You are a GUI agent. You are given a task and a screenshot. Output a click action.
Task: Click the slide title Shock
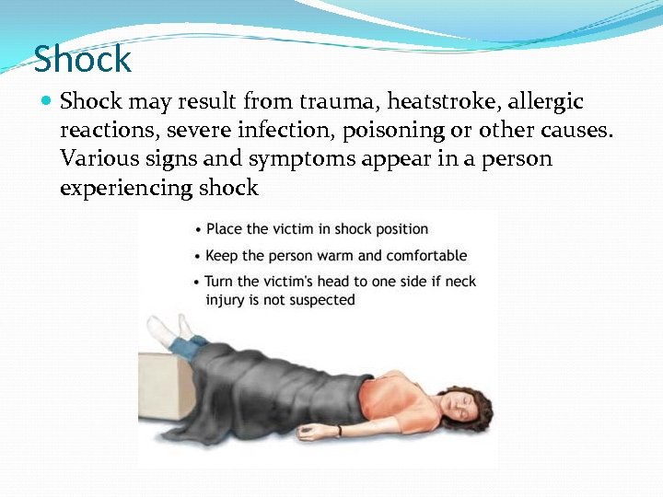83,61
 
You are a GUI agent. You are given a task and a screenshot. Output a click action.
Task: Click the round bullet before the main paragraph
46,100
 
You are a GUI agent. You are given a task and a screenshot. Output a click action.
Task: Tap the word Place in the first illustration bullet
224,228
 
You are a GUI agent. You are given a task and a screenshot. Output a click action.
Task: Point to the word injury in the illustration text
225,299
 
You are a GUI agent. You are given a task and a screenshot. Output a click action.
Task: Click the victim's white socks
169,329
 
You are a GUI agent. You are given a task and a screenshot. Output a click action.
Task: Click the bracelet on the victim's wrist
339,430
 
